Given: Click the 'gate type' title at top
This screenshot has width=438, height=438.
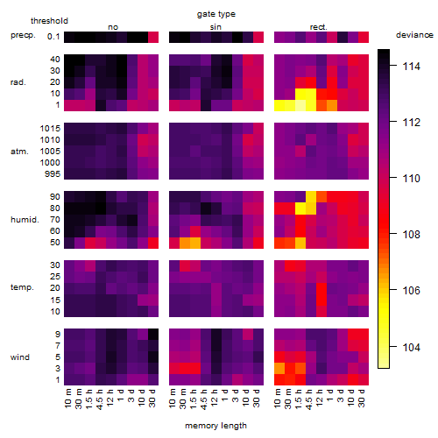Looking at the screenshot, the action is (x=216, y=14).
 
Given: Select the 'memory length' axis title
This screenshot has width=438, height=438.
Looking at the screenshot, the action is (x=215, y=426).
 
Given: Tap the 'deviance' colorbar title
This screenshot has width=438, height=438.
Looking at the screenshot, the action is (x=414, y=35).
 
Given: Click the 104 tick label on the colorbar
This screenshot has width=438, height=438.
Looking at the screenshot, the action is (x=411, y=347).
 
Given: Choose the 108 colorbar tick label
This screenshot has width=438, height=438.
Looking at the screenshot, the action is (x=411, y=234).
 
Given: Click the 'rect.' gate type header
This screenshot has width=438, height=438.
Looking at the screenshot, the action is (x=319, y=27).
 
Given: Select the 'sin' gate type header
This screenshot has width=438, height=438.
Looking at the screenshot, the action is (x=215, y=27).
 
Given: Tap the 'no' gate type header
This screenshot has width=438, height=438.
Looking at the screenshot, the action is (x=113, y=27).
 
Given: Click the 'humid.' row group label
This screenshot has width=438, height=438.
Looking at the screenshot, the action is (x=25, y=220).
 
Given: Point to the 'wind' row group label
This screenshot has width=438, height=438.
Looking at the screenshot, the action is (x=20, y=357).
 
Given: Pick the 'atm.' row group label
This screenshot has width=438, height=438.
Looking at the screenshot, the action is (x=19, y=152).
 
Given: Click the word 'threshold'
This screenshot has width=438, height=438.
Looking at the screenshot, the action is (x=49, y=21).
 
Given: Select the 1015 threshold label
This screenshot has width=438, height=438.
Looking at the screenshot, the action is (x=50, y=129).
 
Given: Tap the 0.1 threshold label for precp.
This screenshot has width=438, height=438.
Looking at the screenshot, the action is (x=53, y=37).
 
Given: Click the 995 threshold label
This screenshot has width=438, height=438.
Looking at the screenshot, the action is (x=53, y=174).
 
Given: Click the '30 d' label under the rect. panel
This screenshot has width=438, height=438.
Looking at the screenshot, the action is (x=362, y=398).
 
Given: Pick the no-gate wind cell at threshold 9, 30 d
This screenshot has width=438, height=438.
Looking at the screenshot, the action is (x=153, y=334).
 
